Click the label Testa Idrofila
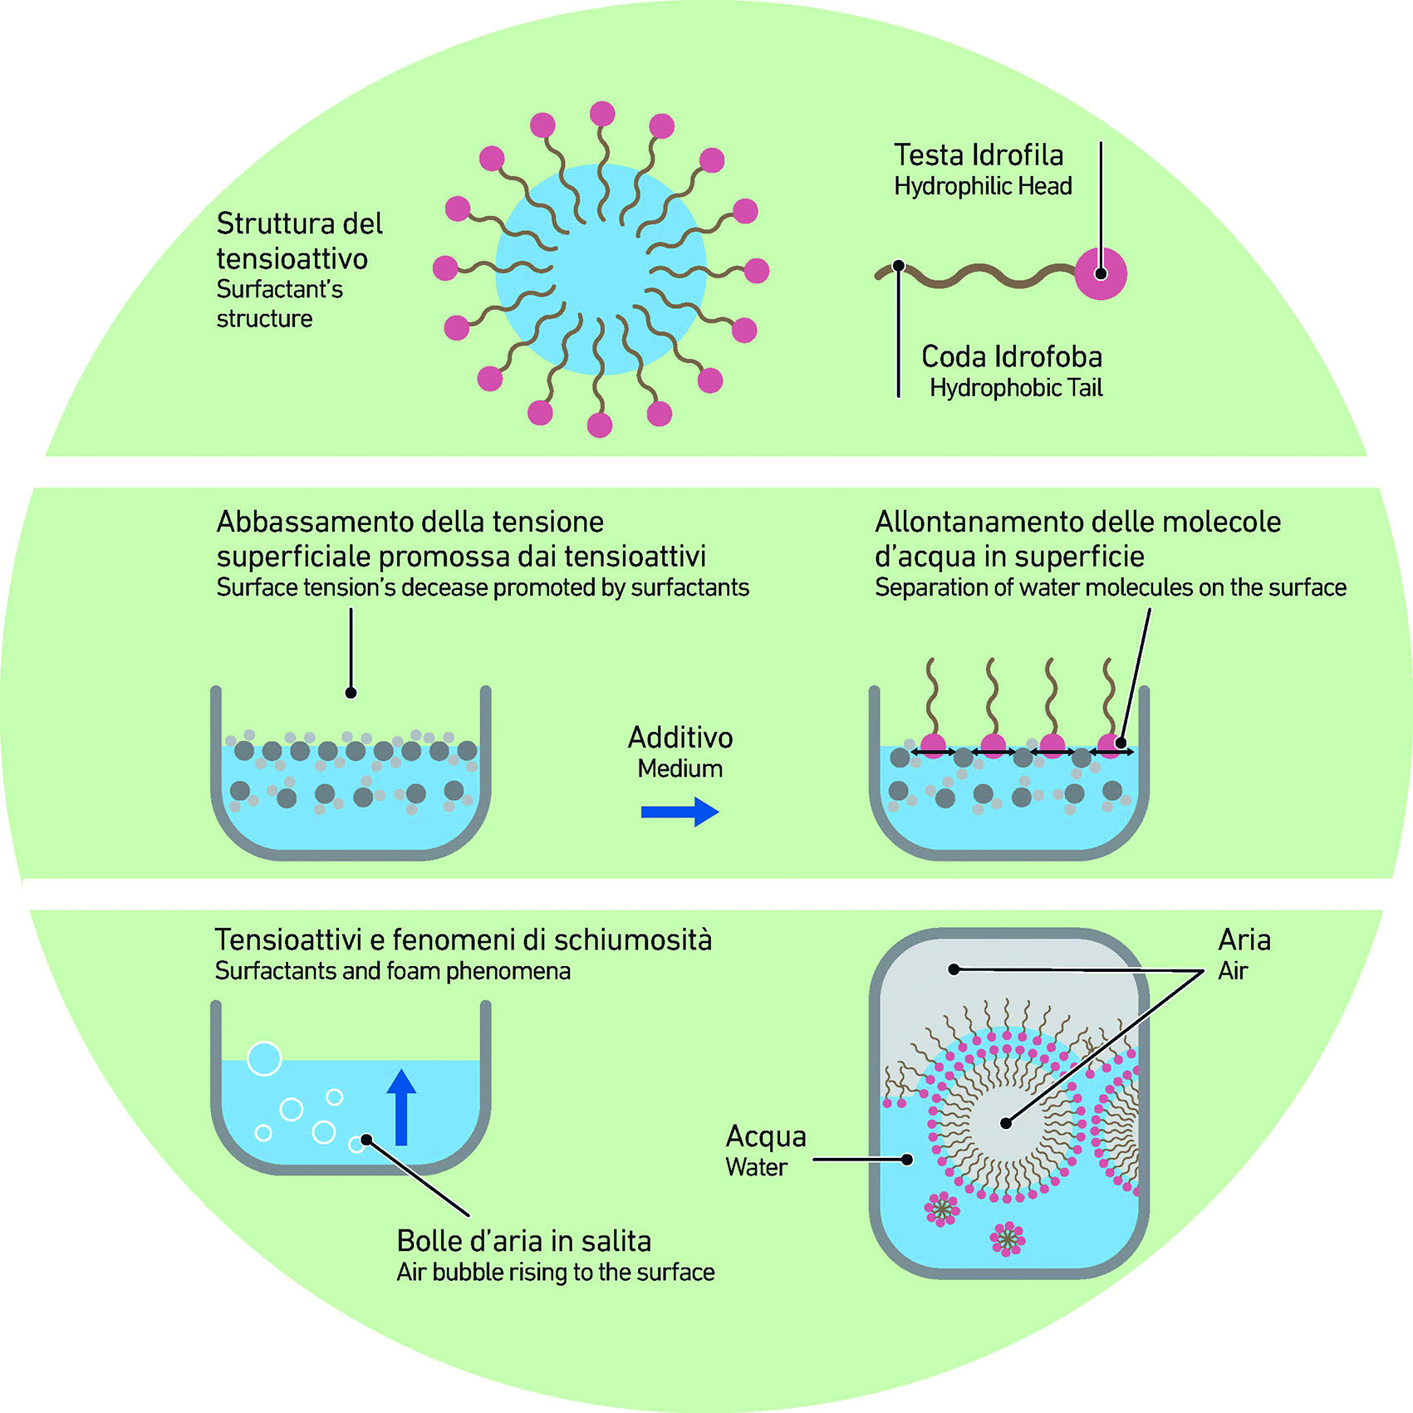point(978,155)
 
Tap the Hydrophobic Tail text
point(1015,388)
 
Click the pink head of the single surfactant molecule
point(1101,273)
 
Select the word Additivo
point(680,738)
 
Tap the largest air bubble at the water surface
point(264,1059)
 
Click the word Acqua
point(765,1136)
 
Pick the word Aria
point(1244,940)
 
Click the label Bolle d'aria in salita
point(523,1241)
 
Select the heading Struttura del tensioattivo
point(299,241)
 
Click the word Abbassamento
point(315,523)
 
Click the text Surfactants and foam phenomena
point(392,971)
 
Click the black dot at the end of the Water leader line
point(907,1160)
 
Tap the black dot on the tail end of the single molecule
point(898,266)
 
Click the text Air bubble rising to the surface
point(555,1273)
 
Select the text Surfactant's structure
point(279,304)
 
